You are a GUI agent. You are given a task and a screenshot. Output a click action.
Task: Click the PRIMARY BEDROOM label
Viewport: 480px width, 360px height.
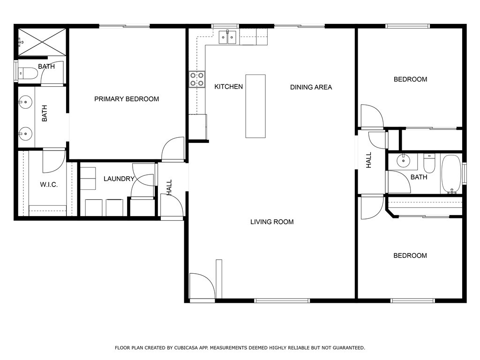click(127, 99)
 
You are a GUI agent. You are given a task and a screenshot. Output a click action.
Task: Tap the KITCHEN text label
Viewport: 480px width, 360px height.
click(229, 87)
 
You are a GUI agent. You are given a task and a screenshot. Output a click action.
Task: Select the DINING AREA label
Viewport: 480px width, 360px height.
click(311, 87)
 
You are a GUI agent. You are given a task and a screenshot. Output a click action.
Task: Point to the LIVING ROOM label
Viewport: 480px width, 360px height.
click(272, 222)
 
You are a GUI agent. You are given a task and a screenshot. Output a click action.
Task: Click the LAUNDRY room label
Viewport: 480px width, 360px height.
click(119, 179)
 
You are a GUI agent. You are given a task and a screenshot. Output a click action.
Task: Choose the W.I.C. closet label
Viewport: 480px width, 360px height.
click(49, 185)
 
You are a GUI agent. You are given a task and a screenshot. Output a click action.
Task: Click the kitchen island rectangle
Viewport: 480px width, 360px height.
click(255, 106)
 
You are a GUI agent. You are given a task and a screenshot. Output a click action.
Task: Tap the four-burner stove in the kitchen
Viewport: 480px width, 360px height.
click(197, 79)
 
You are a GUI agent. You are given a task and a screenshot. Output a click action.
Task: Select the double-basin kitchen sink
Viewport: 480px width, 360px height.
click(228, 37)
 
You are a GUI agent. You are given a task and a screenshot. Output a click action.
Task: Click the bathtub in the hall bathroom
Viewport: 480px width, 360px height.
click(451, 174)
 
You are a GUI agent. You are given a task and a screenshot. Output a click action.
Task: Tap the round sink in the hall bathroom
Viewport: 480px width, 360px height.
click(403, 161)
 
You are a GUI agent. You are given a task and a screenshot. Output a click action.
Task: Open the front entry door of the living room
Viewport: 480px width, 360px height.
click(202, 286)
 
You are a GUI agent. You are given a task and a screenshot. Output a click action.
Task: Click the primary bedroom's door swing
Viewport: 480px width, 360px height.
click(173, 149)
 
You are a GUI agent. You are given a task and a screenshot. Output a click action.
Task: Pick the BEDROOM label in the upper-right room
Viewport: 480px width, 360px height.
click(410, 79)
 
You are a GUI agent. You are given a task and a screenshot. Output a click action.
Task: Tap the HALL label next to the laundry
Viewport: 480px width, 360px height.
click(169, 187)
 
